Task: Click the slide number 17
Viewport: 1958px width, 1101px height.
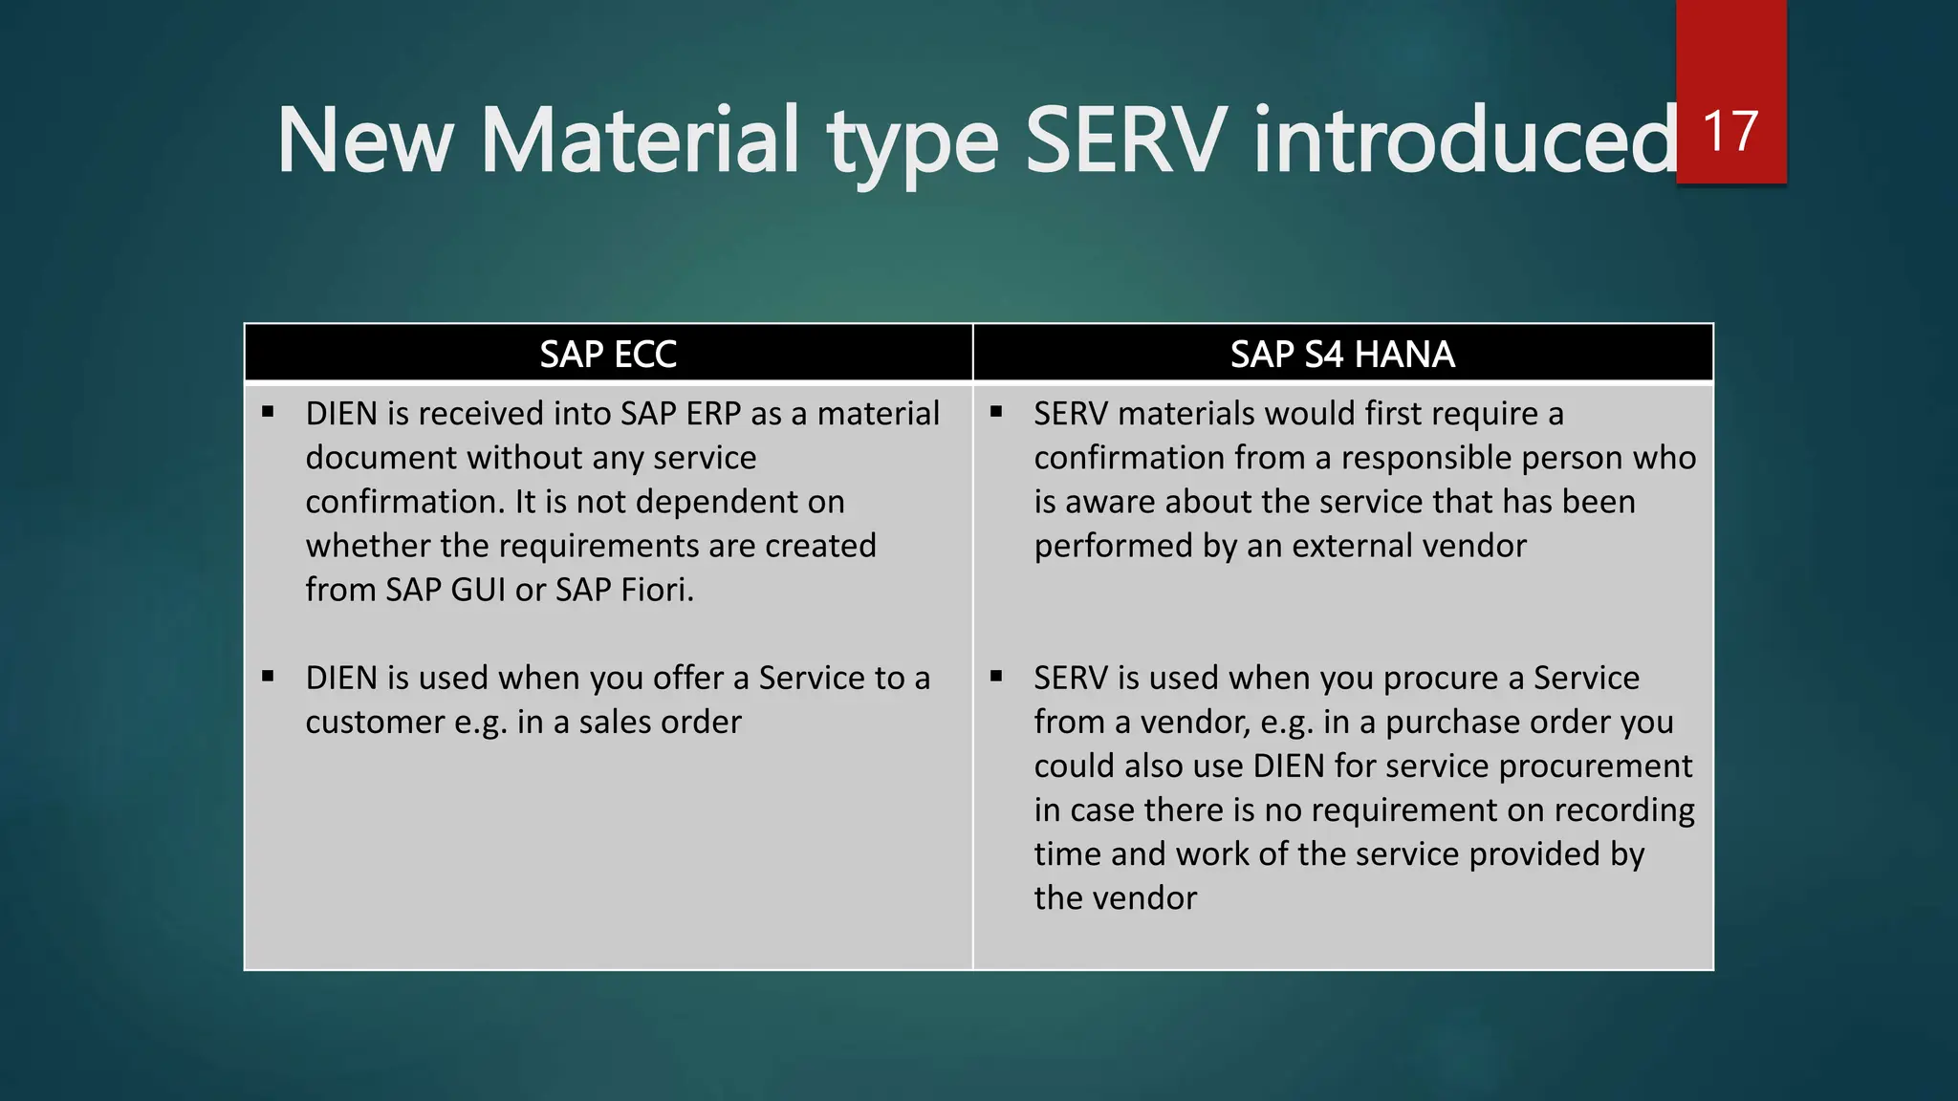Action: [1730, 131]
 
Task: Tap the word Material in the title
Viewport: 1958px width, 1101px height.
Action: [639, 140]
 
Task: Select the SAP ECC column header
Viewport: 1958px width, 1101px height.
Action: [608, 355]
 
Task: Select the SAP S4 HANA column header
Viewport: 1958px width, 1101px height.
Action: [1342, 355]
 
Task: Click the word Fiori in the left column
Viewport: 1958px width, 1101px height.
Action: [657, 590]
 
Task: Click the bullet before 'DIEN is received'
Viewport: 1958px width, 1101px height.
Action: [268, 412]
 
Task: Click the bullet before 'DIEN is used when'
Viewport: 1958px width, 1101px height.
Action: [268, 677]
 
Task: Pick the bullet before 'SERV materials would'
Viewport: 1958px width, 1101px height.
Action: [996, 412]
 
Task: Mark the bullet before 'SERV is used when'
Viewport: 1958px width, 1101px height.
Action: [996, 677]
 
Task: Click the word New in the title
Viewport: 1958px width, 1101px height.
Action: [364, 140]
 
